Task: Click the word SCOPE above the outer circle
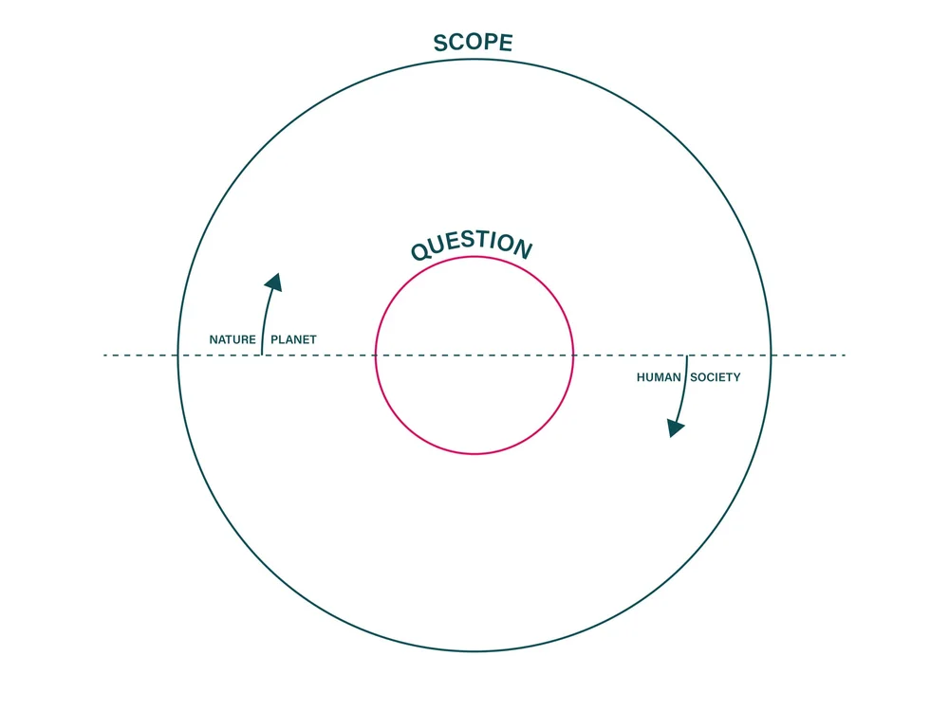pyautogui.click(x=473, y=43)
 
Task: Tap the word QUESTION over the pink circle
pyautogui.click(x=472, y=246)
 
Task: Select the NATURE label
pyautogui.click(x=233, y=339)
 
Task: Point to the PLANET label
pyautogui.click(x=293, y=339)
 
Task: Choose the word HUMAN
pyautogui.click(x=659, y=377)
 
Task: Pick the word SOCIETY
pyautogui.click(x=716, y=377)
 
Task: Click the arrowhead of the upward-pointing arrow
pyautogui.click(x=274, y=282)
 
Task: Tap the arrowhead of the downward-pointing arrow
pyautogui.click(x=675, y=428)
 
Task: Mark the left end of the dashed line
pyautogui.click(x=103, y=355)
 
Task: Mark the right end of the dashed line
pyautogui.click(x=845, y=355)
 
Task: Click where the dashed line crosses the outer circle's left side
pyautogui.click(x=178, y=355)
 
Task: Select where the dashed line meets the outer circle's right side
pyautogui.click(x=771, y=355)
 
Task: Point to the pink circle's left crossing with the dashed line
pyautogui.click(x=376, y=355)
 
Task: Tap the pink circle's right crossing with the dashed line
pyautogui.click(x=573, y=355)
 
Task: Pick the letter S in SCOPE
pyautogui.click(x=441, y=44)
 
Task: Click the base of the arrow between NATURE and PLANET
pyautogui.click(x=262, y=355)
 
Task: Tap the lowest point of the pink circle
pyautogui.click(x=474, y=454)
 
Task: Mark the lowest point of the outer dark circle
pyautogui.click(x=474, y=651)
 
